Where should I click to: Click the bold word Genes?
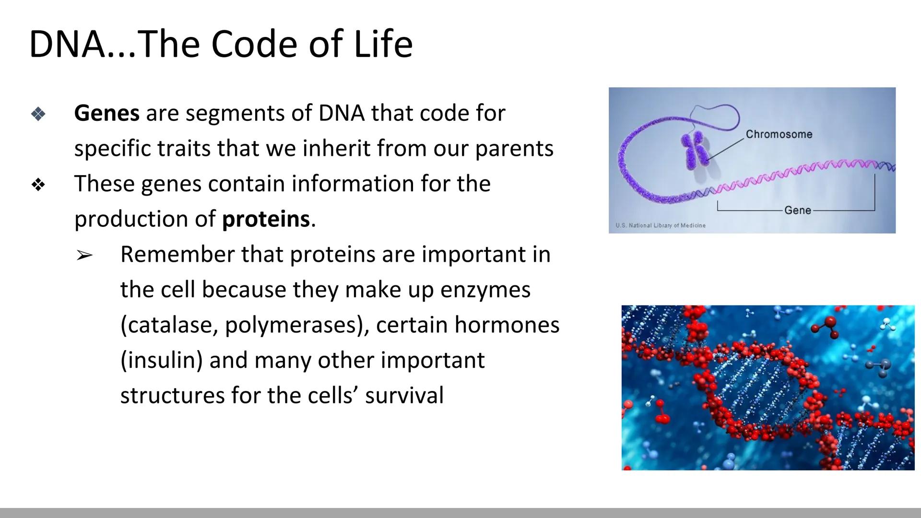pos(106,114)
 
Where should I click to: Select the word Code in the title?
pos(255,44)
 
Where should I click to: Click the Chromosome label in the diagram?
pos(779,134)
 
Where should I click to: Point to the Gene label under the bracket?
pos(797,210)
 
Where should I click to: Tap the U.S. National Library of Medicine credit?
pos(660,225)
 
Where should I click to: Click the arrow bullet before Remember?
pos(84,256)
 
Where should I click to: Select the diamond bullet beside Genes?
pos(38,114)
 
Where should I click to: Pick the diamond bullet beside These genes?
pos(38,185)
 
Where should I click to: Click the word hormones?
pos(507,325)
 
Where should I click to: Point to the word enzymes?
pos(485,290)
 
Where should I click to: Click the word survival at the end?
pos(404,396)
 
